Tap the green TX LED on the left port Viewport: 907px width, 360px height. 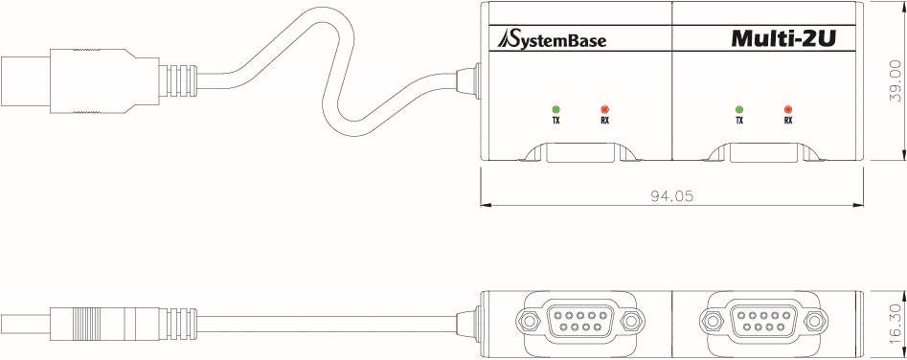click(x=556, y=108)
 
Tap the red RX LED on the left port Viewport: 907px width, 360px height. click(x=604, y=108)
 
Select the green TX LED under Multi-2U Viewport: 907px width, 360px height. click(x=738, y=108)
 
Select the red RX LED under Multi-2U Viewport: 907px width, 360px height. click(x=787, y=108)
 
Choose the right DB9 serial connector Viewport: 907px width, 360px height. click(x=763, y=319)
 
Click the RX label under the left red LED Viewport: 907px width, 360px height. click(x=604, y=122)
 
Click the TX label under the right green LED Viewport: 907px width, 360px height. click(x=738, y=122)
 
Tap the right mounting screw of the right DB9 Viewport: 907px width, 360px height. click(x=813, y=319)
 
